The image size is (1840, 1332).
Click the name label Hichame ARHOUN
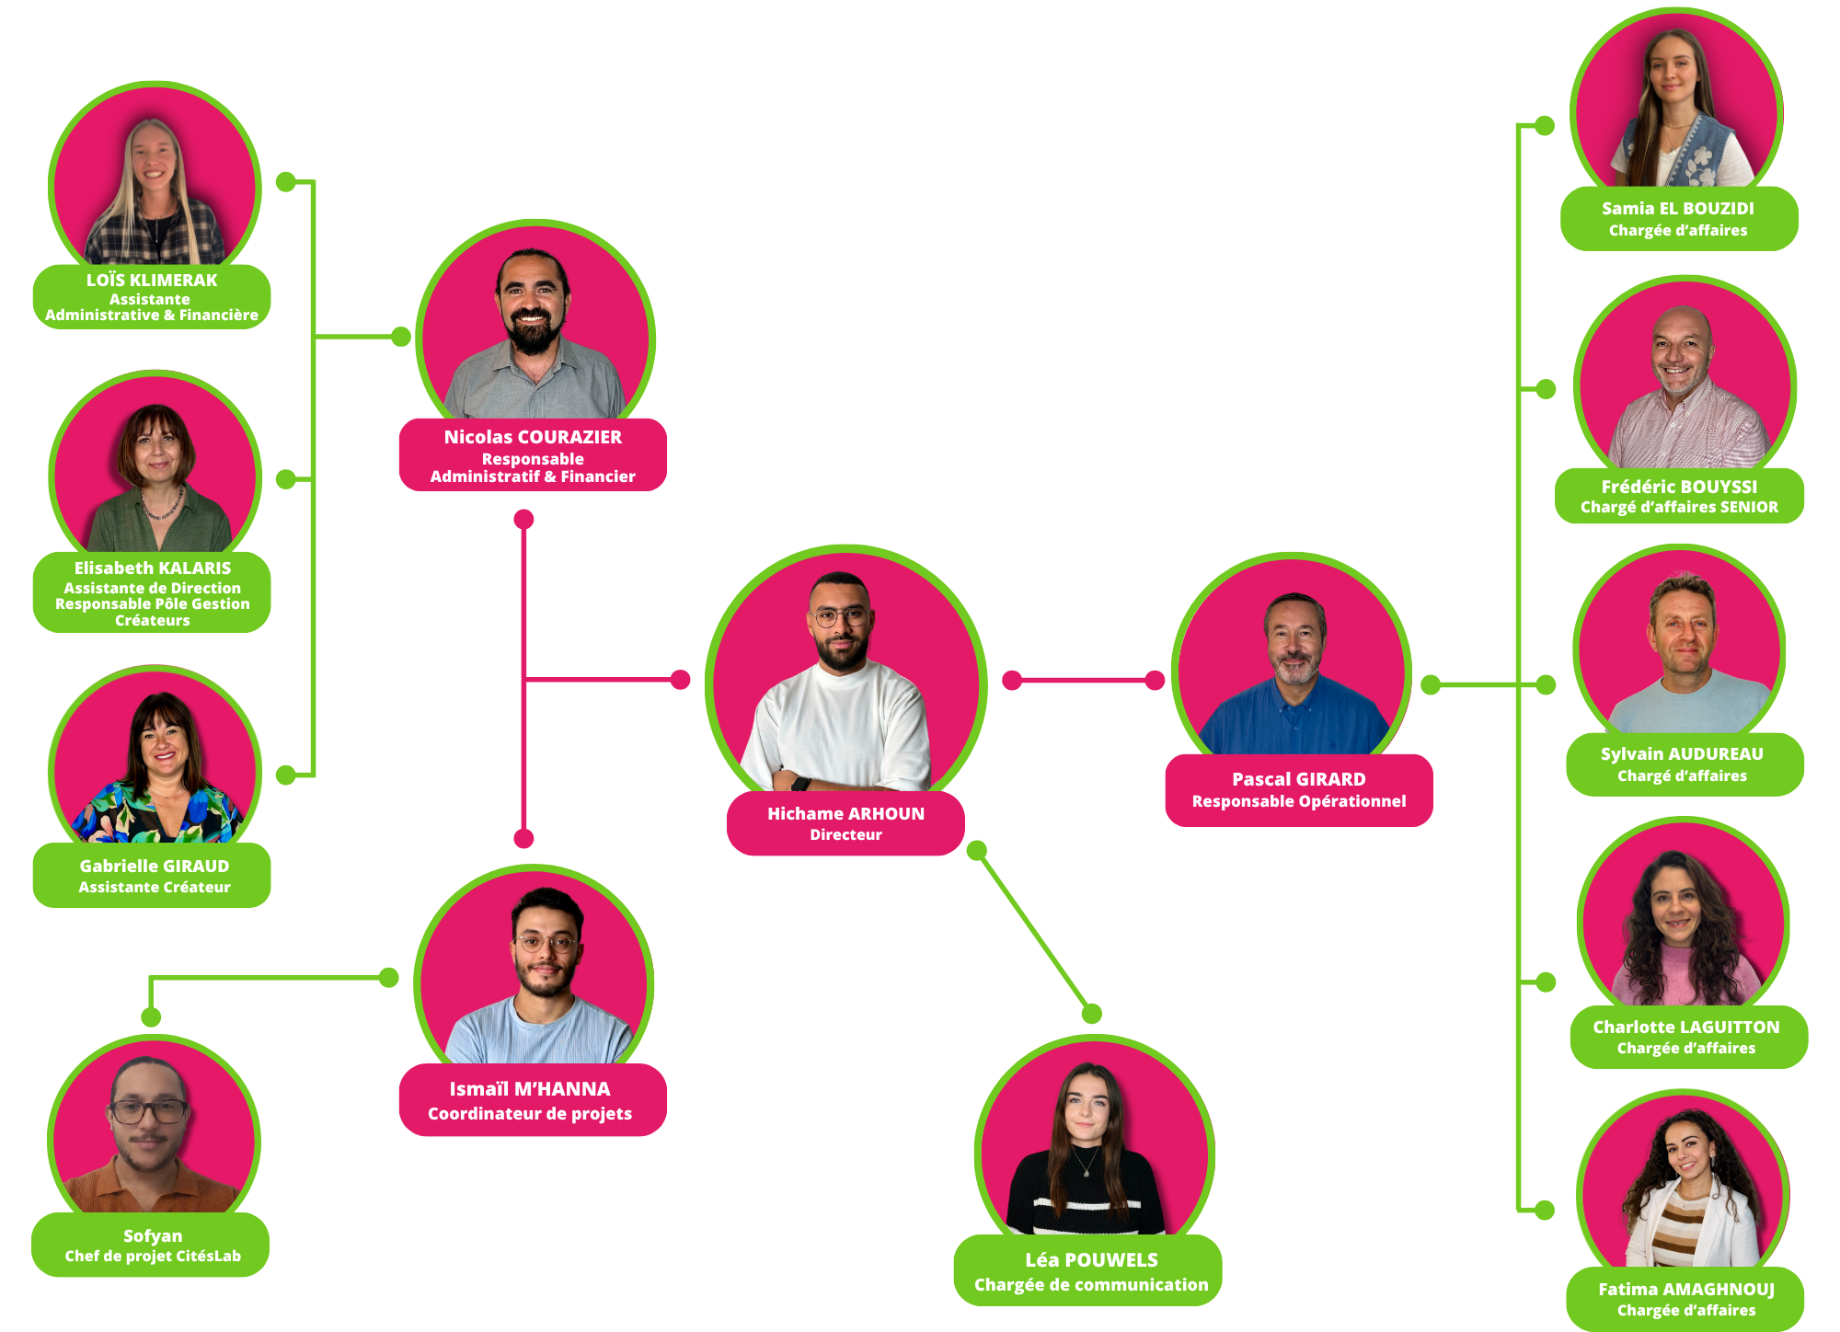[x=845, y=813]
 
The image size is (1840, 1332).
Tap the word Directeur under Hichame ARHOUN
[x=845, y=834]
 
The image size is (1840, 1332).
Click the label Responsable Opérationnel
[x=1299, y=801]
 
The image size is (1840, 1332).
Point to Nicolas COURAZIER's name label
[x=533, y=437]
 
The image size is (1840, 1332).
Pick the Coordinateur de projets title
[x=530, y=1113]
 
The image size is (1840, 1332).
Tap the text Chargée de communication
[x=1091, y=1284]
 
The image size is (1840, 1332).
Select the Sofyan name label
[x=153, y=1235]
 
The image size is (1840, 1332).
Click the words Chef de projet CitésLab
[x=153, y=1256]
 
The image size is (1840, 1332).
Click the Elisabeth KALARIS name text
[x=153, y=568]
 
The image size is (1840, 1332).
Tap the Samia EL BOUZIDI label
[x=1678, y=208]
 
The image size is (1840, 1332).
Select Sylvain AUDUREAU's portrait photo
[x=1680, y=649]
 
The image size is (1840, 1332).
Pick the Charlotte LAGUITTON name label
[x=1686, y=1027]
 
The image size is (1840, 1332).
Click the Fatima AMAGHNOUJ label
[x=1686, y=1289]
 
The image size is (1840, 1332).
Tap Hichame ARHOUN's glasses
[x=838, y=617]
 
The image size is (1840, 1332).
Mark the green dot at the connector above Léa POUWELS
[x=1092, y=1014]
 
